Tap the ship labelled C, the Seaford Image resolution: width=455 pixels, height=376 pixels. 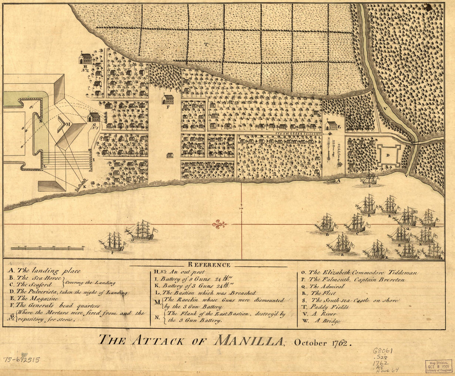tap(356, 223)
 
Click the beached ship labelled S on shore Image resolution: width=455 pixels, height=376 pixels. tap(369, 178)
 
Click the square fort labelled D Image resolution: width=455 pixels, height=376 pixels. tap(389, 156)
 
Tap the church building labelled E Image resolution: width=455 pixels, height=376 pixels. tap(331, 125)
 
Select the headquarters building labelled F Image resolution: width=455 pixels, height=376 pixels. tap(168, 99)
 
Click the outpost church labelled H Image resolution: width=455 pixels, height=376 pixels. tap(86, 58)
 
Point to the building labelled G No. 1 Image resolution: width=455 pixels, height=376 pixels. tap(94, 117)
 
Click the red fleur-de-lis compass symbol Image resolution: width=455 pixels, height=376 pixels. tap(220, 224)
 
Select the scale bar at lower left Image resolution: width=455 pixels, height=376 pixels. tap(47, 248)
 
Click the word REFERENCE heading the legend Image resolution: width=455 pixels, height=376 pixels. tap(209, 265)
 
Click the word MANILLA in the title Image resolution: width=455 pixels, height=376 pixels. tap(247, 341)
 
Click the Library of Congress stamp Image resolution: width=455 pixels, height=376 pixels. tap(438, 366)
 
